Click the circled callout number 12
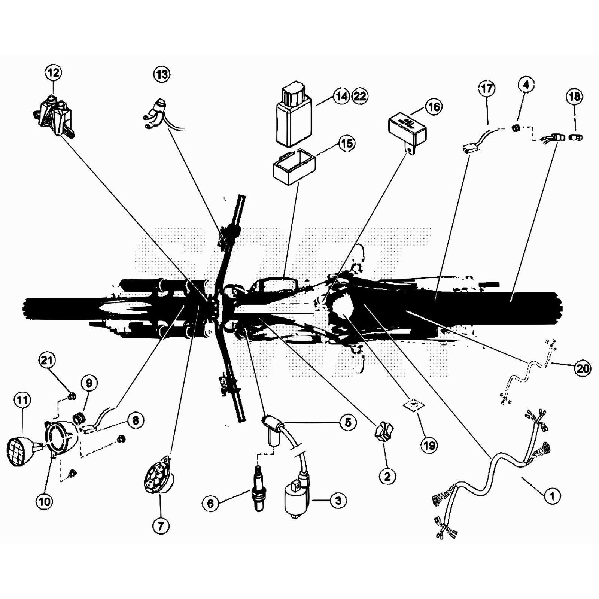point(53,73)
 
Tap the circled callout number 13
point(162,74)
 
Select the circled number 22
point(360,96)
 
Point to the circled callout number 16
point(434,107)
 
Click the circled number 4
point(526,85)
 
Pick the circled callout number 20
point(583,368)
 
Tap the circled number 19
point(429,445)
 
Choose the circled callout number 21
point(47,361)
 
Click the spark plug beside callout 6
point(258,488)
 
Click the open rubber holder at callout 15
point(294,166)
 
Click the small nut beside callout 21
point(73,395)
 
